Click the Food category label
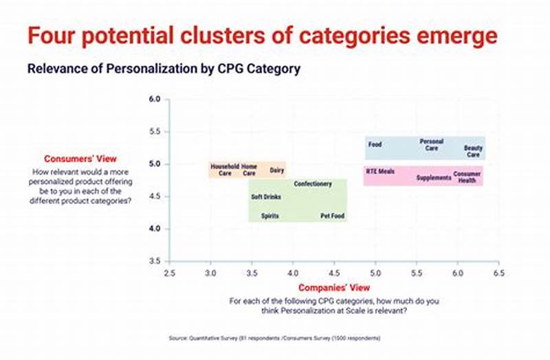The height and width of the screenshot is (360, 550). [375, 145]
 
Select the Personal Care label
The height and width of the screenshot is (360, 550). [431, 145]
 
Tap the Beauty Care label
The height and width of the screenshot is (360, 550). [473, 151]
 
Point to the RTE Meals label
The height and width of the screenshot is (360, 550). [380, 171]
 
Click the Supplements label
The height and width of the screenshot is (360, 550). [434, 178]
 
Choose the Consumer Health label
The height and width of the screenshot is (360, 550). [467, 177]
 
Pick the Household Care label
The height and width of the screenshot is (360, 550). [225, 170]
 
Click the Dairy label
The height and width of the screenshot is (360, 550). [277, 170]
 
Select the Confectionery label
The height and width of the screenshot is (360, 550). [313, 184]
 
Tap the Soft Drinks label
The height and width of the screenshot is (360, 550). [265, 197]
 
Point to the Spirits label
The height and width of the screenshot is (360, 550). [270, 216]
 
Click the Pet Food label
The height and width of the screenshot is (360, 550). [333, 216]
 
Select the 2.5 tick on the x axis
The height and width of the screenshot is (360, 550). [169, 273]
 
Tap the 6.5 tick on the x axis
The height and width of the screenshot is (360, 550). [498, 273]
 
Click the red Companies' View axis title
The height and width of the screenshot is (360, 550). [333, 287]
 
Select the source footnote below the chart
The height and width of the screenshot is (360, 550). [274, 338]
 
